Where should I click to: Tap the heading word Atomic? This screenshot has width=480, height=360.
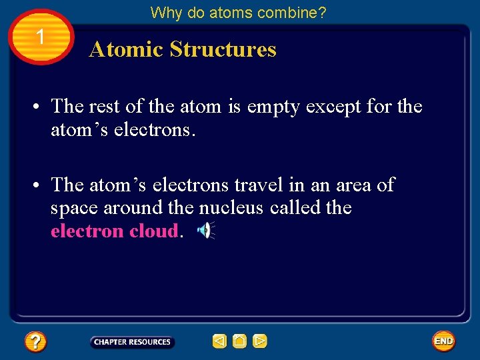125,49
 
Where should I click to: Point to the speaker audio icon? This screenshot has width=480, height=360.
206,231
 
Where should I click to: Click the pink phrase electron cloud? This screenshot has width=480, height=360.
115,231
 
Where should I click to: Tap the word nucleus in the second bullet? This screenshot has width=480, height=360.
231,208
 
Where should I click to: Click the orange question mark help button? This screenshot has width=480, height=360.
35,342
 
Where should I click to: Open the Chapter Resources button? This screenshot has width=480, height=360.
132,342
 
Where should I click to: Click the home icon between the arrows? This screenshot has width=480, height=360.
240,342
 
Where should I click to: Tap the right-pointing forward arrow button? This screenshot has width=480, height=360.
260,342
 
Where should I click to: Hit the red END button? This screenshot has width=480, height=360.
443,341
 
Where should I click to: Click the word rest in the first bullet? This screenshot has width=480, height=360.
103,107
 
